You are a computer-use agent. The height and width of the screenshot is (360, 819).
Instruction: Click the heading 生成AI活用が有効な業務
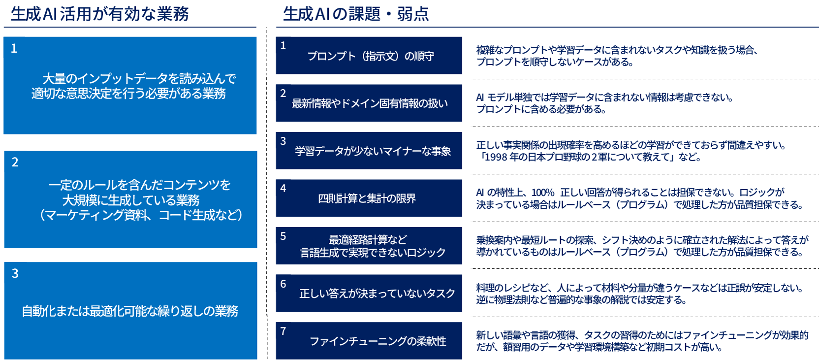(99, 14)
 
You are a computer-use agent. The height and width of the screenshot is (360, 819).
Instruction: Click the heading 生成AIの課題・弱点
(356, 14)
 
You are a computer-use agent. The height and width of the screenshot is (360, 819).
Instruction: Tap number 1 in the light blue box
(14, 48)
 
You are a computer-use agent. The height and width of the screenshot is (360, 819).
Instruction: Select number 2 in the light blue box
(15, 162)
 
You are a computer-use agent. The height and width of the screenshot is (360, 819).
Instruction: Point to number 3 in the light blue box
(15, 273)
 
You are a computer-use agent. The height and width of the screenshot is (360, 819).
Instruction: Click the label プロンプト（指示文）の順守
(371, 56)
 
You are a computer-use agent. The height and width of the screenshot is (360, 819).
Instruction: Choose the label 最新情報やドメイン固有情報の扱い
(370, 103)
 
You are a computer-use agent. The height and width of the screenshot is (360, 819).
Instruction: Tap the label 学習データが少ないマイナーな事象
(373, 151)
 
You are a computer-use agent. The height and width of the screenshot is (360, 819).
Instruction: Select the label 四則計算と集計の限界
(367, 198)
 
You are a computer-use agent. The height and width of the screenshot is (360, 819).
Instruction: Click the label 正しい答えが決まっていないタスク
(378, 294)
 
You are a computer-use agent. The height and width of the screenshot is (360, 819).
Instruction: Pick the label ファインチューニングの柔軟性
(378, 341)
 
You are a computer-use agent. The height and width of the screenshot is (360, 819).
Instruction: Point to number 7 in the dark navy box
(283, 331)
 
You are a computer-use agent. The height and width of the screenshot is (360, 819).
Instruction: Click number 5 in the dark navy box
(283, 236)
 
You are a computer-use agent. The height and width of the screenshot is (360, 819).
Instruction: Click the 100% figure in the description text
(543, 193)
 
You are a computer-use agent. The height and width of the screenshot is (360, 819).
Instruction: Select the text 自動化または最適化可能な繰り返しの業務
(130, 311)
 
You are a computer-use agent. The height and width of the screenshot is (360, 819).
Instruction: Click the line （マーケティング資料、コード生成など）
(141, 215)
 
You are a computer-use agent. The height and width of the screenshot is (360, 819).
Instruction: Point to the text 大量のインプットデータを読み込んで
(139, 79)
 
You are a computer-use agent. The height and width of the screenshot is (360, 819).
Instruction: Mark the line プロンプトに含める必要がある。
(541, 109)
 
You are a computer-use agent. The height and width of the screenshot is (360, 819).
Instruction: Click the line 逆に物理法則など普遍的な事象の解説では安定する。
(581, 300)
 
